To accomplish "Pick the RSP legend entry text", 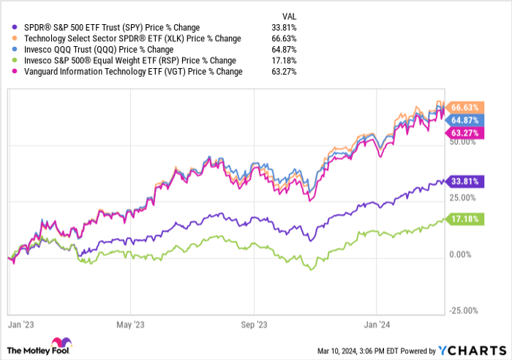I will (x=123, y=61).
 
